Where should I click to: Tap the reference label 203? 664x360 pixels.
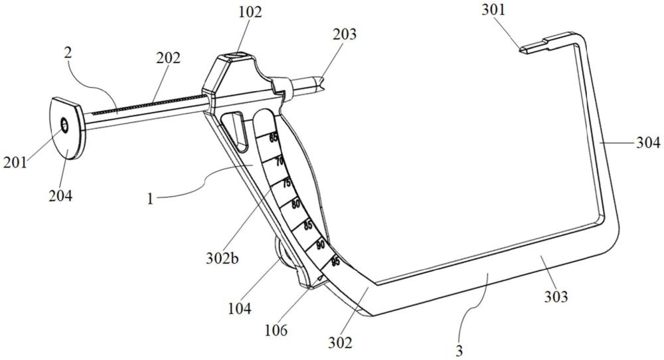[345, 34]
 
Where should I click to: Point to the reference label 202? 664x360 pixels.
[168, 57]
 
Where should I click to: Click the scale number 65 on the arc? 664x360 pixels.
[274, 139]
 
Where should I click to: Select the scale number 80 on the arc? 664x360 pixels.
[296, 204]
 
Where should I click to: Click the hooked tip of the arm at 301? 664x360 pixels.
[525, 48]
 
